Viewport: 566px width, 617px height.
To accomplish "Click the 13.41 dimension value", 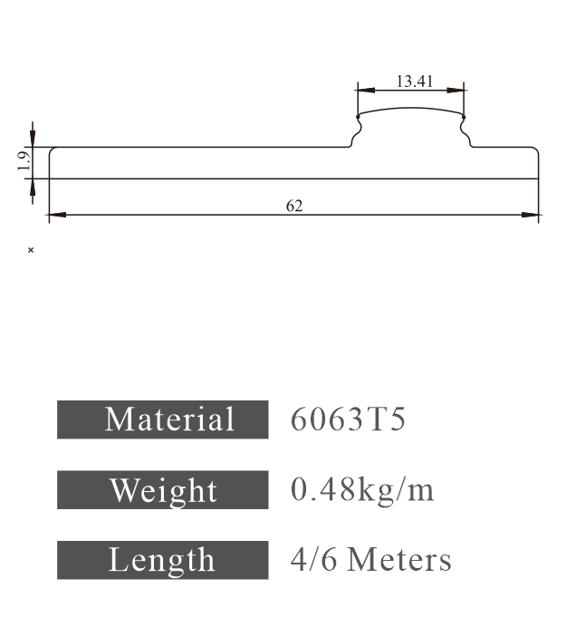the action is pyautogui.click(x=414, y=82).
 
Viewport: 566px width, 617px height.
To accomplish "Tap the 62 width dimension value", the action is pyautogui.click(x=294, y=206).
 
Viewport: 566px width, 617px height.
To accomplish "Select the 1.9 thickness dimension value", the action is pyautogui.click(x=24, y=161).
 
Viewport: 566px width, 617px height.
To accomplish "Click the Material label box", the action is pyautogui.click(x=163, y=419).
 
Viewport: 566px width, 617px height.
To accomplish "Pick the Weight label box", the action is pyautogui.click(x=163, y=490).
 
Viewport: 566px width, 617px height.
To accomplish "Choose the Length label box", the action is pyautogui.click(x=163, y=560).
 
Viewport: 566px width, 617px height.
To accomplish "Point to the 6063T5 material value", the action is pyautogui.click(x=348, y=419).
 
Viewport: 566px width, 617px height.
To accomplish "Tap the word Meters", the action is pyautogui.click(x=398, y=560).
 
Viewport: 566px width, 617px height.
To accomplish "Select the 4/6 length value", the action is pyautogui.click(x=313, y=560).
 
